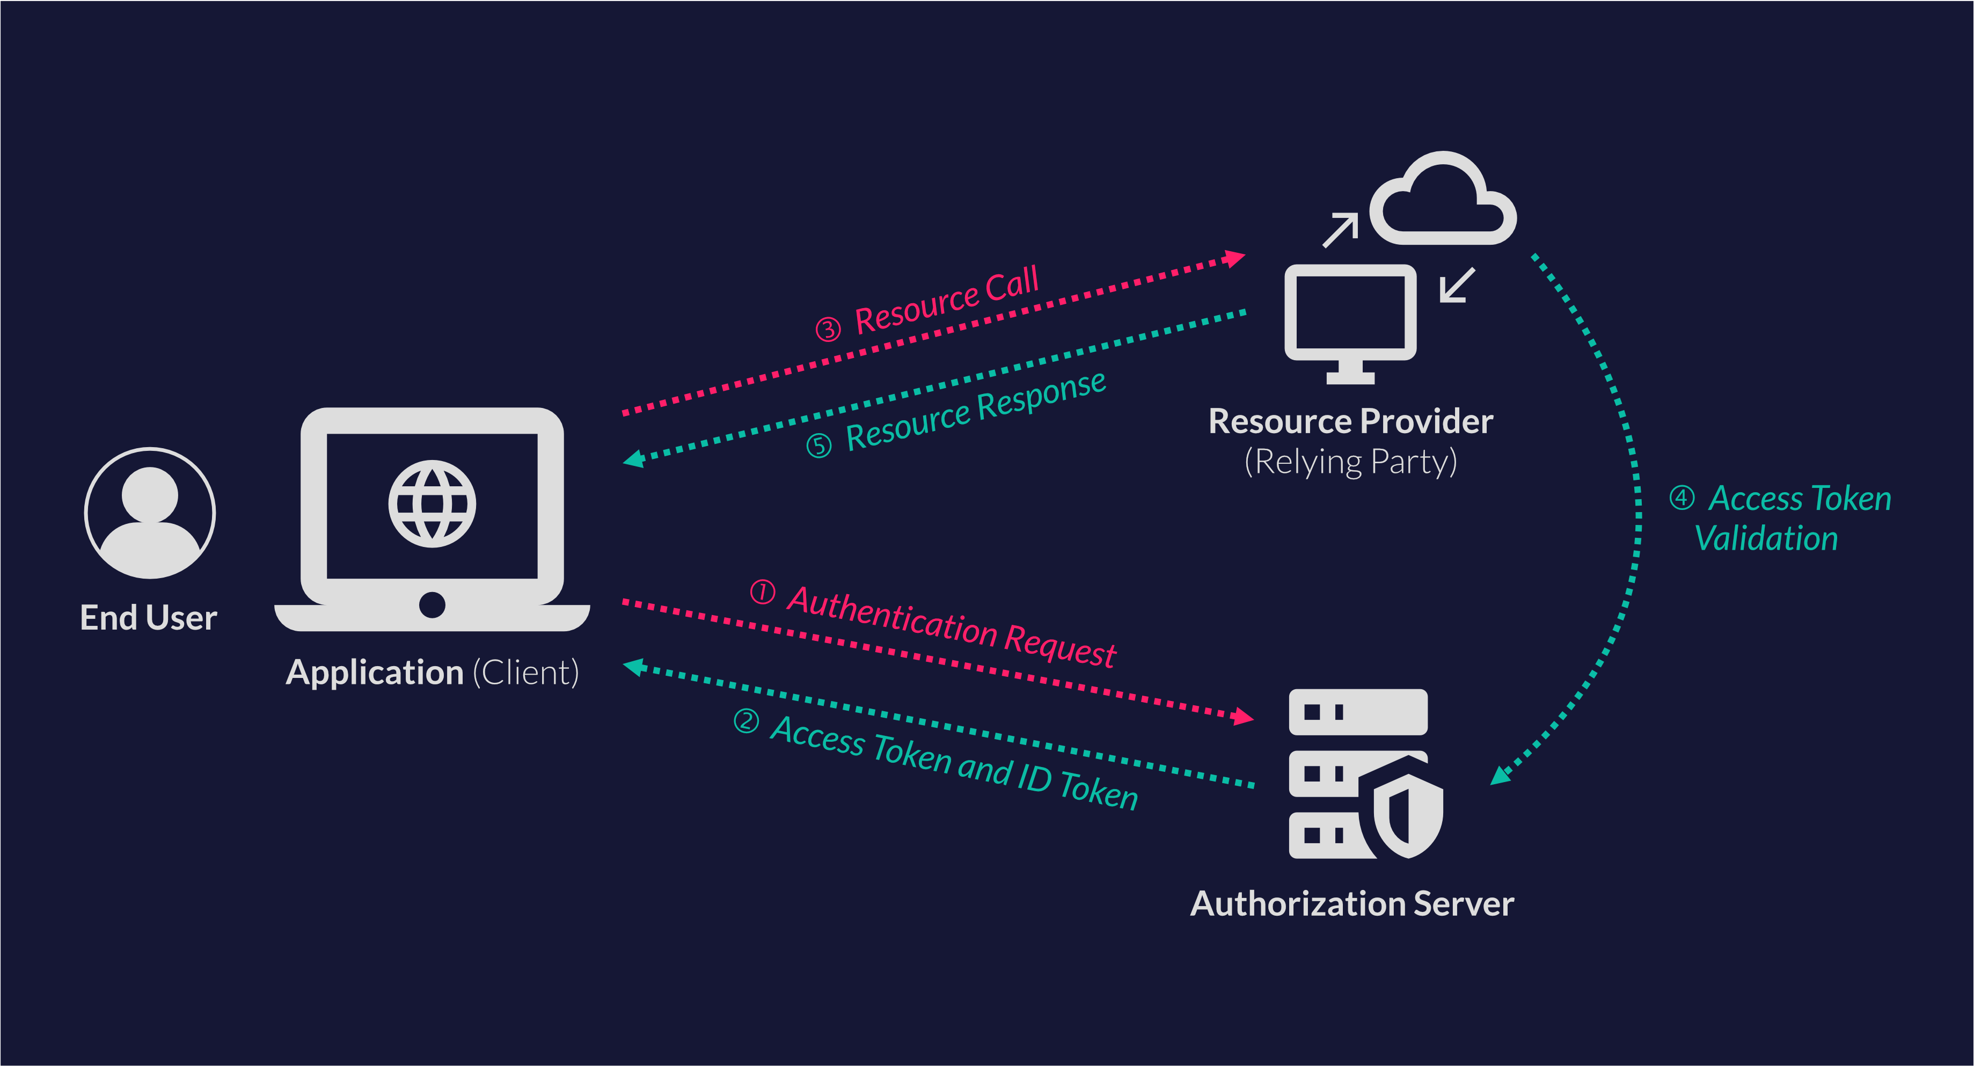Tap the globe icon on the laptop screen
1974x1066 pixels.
pos(432,503)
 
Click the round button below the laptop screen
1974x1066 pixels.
pos(432,604)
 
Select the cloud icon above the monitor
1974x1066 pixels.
pos(1442,201)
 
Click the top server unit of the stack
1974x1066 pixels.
pos(1357,712)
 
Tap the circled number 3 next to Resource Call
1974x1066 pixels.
pos(828,330)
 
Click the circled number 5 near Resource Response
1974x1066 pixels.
pos(818,446)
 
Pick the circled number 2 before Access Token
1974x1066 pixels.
pos(745,721)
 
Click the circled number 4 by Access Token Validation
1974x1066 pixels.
pos(1681,498)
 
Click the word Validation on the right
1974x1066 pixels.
pos(1766,539)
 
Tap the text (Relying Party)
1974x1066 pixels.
pos(1350,462)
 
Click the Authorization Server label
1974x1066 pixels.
pos(1352,903)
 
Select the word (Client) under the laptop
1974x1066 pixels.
pos(525,673)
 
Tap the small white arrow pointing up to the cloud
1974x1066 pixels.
pos(1340,230)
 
